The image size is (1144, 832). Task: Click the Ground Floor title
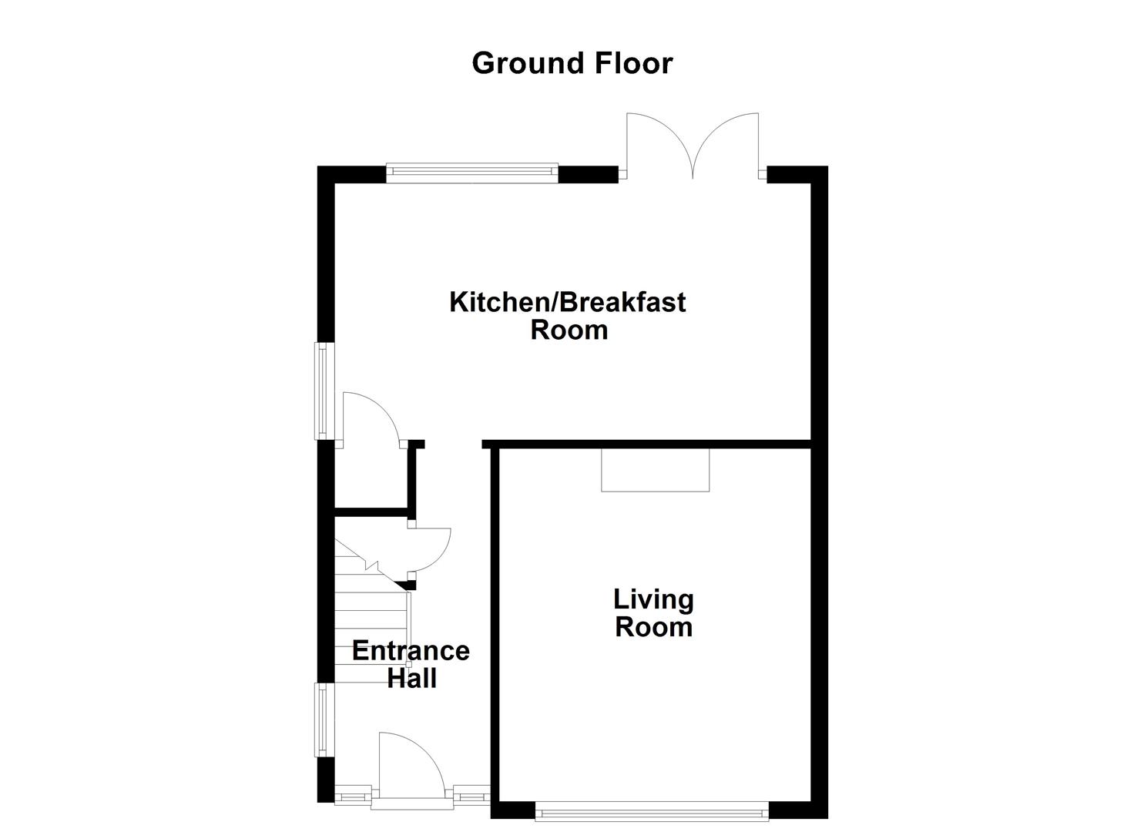pyautogui.click(x=572, y=63)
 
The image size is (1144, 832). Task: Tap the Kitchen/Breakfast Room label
pyautogui.click(x=568, y=316)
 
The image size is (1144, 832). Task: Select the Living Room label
pyautogui.click(x=653, y=613)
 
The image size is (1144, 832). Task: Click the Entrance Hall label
pyautogui.click(x=411, y=664)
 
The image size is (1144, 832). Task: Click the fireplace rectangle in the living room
pyautogui.click(x=655, y=470)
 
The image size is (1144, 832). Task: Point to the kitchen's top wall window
pyautogui.click(x=471, y=173)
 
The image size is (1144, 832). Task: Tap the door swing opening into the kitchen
pyautogui.click(x=368, y=420)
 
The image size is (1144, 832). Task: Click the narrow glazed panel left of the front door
pyautogui.click(x=354, y=794)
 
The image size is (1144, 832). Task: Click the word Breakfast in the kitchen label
pyautogui.click(x=622, y=302)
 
